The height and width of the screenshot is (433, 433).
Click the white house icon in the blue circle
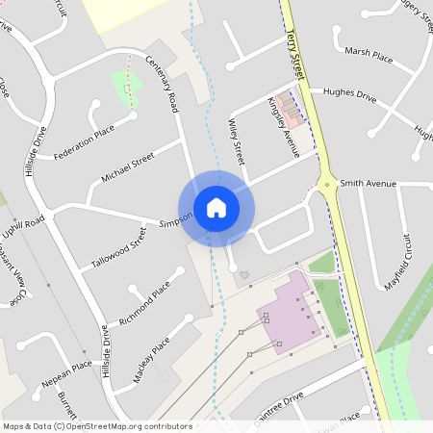click(x=216, y=206)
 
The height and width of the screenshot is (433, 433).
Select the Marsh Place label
click(x=369, y=56)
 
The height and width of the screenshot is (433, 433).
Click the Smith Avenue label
click(x=368, y=181)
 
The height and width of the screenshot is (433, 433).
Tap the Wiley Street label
click(x=239, y=140)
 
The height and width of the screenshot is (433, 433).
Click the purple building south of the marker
click(x=287, y=316)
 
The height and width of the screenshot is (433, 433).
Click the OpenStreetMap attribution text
click(x=96, y=425)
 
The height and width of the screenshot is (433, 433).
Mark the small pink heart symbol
click(x=244, y=275)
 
